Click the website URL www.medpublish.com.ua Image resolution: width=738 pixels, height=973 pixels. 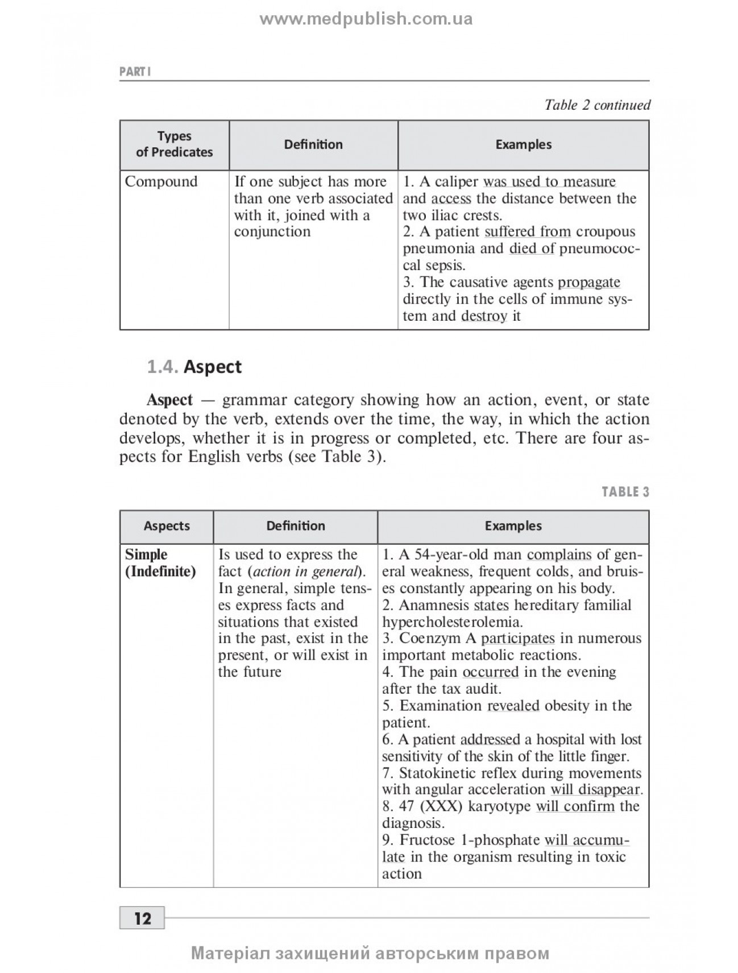click(366, 20)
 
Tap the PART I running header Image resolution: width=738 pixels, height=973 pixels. click(135, 72)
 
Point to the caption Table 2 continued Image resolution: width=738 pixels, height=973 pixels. click(597, 105)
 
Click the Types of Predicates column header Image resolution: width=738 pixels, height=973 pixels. click(174, 144)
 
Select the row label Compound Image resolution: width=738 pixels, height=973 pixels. click(161, 182)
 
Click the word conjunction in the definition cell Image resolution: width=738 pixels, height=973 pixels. click(272, 232)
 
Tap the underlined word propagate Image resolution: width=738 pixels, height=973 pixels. click(589, 283)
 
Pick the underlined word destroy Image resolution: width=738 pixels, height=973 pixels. click(484, 316)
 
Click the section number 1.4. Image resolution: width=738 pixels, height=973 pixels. click(163, 367)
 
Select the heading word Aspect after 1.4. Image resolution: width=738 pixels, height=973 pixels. click(213, 367)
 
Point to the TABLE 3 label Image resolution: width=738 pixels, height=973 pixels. click(625, 492)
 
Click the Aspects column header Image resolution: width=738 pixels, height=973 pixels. click(167, 527)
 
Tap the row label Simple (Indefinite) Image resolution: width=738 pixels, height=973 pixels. click(160, 563)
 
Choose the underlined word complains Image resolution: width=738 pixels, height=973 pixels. click(559, 555)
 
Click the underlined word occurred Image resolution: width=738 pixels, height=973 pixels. click(491, 672)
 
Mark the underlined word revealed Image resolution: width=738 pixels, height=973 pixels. click(513, 706)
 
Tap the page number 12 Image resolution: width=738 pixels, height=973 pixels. click(142, 918)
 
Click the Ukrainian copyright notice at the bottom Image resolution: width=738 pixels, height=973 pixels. click(370, 954)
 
